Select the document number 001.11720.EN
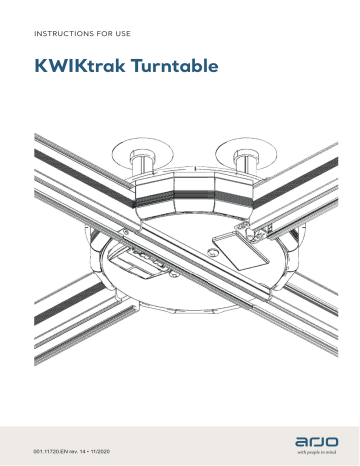click(x=56, y=440)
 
